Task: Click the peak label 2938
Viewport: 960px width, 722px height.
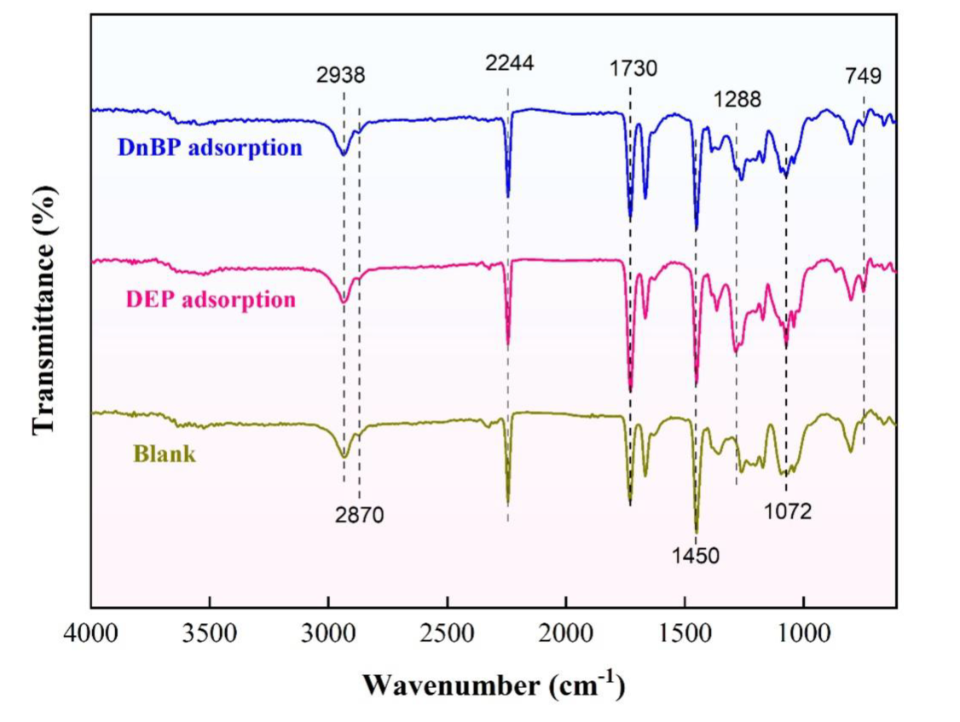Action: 341,73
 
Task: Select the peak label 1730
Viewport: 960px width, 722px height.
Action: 633,68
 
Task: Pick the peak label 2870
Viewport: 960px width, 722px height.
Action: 360,515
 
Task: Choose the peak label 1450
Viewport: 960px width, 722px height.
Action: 696,556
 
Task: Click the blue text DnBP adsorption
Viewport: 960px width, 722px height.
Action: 199,147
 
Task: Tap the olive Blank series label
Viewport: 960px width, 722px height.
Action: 165,453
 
